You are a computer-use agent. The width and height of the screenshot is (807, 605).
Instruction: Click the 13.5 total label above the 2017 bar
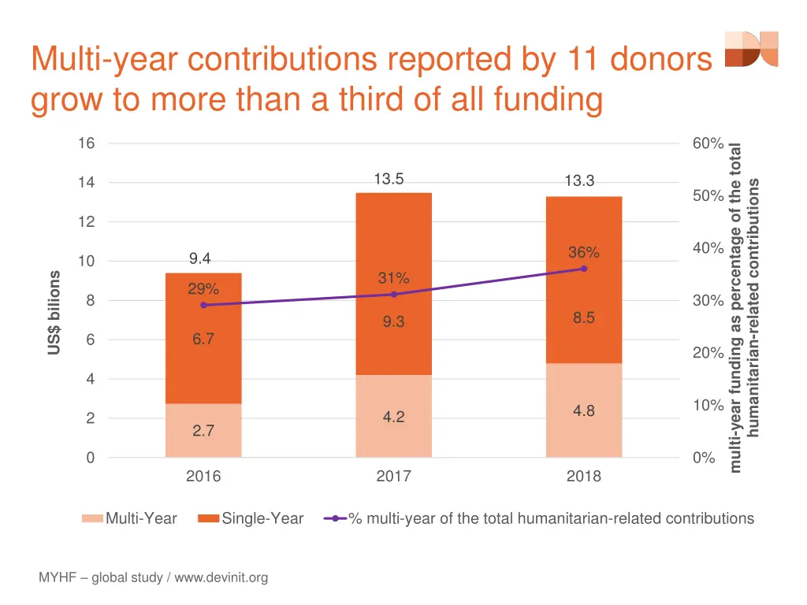(x=389, y=179)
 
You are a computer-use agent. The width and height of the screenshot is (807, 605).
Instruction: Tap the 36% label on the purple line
(x=583, y=252)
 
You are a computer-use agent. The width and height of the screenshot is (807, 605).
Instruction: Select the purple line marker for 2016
(x=203, y=305)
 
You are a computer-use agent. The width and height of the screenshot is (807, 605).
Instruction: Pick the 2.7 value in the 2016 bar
(x=203, y=431)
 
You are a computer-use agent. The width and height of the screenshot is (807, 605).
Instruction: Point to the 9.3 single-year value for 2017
(x=393, y=321)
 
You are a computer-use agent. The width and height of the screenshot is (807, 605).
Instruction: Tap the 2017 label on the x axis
(x=393, y=477)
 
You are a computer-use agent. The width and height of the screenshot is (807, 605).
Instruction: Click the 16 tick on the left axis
(x=86, y=143)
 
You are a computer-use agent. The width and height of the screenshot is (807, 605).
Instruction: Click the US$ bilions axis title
(x=54, y=313)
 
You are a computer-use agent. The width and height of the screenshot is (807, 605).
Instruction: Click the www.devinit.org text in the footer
(x=221, y=578)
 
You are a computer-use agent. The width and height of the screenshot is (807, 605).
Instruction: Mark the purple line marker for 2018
(x=584, y=269)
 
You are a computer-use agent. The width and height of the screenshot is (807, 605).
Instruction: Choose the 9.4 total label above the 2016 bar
(x=200, y=259)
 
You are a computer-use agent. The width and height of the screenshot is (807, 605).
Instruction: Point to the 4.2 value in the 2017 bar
(x=393, y=417)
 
